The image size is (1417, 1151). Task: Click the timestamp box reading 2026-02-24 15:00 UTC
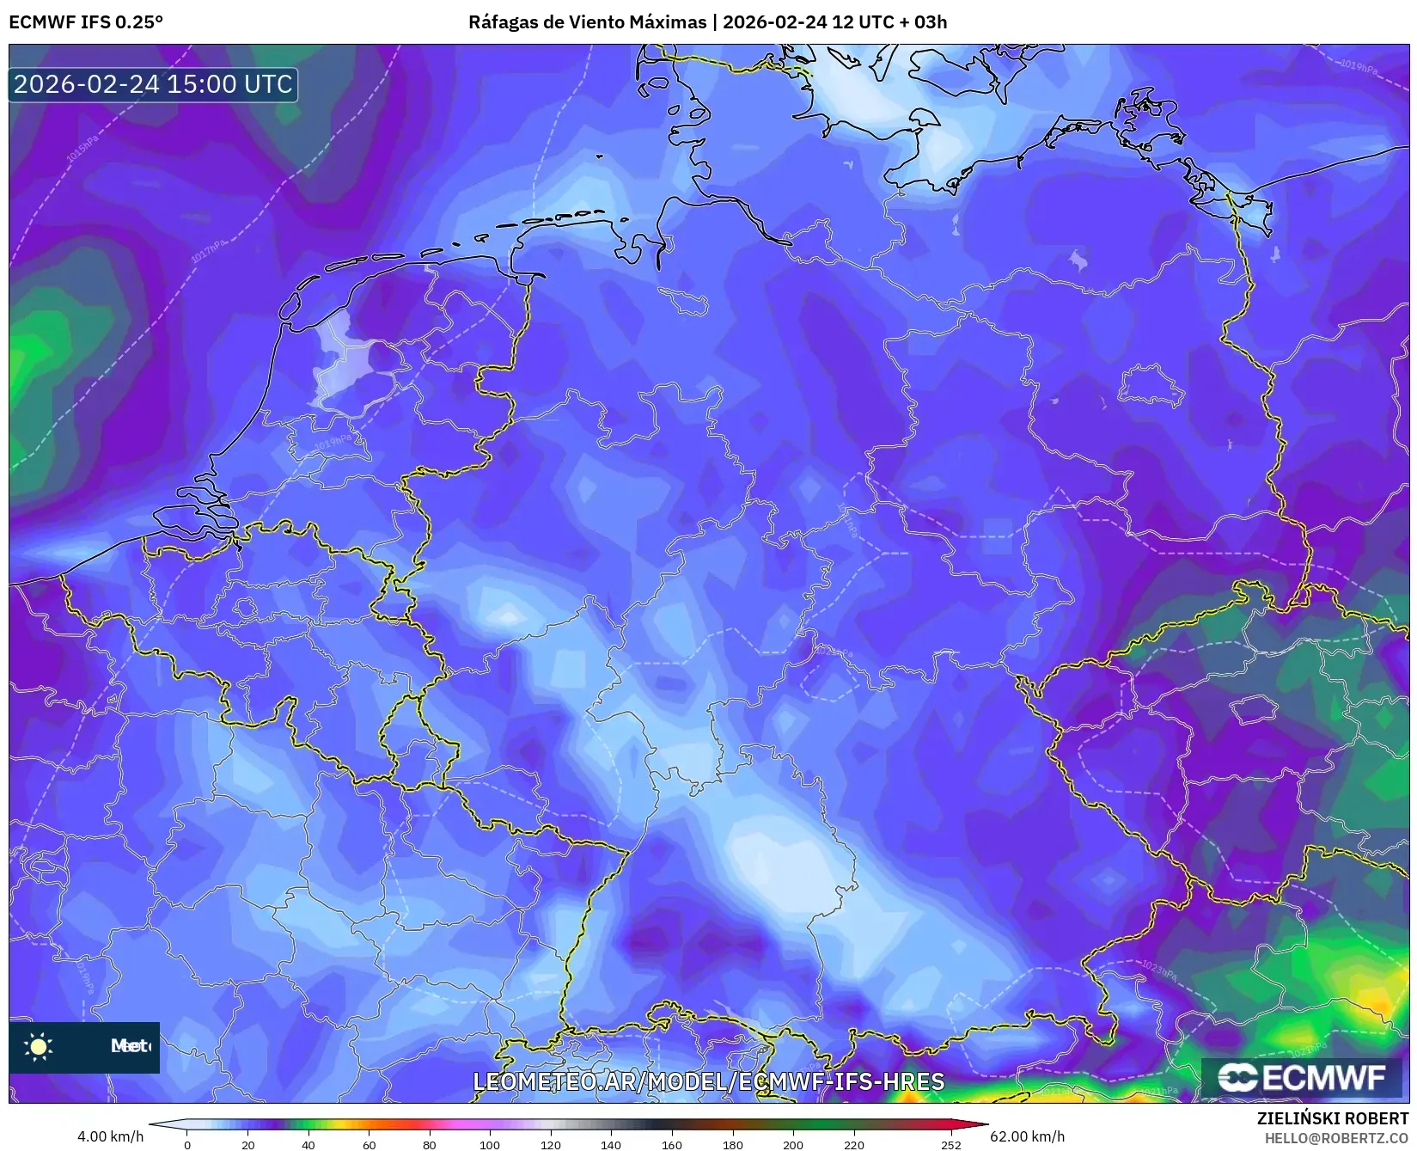tap(153, 84)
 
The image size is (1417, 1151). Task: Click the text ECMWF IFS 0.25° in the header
tap(86, 22)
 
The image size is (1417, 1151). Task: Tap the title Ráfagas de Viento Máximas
tap(587, 22)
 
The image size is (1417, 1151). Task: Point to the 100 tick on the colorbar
tap(490, 1144)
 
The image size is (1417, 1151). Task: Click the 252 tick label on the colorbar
tap(950, 1144)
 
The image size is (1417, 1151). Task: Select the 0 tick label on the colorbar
tap(187, 1144)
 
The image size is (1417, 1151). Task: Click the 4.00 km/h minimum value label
tap(110, 1136)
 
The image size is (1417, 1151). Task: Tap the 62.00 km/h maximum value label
tap(1027, 1136)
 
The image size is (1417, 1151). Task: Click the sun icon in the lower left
tap(39, 1046)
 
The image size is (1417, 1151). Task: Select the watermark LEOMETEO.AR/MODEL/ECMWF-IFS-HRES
tap(709, 1081)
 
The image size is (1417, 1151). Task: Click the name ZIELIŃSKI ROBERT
tap(1333, 1118)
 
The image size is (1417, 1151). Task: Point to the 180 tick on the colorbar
tap(733, 1144)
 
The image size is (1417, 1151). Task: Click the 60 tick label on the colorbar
tap(369, 1144)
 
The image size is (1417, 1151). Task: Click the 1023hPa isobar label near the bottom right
tap(1159, 969)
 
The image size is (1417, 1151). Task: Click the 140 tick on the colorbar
tap(611, 1144)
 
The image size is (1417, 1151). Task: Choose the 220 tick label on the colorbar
tap(854, 1144)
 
